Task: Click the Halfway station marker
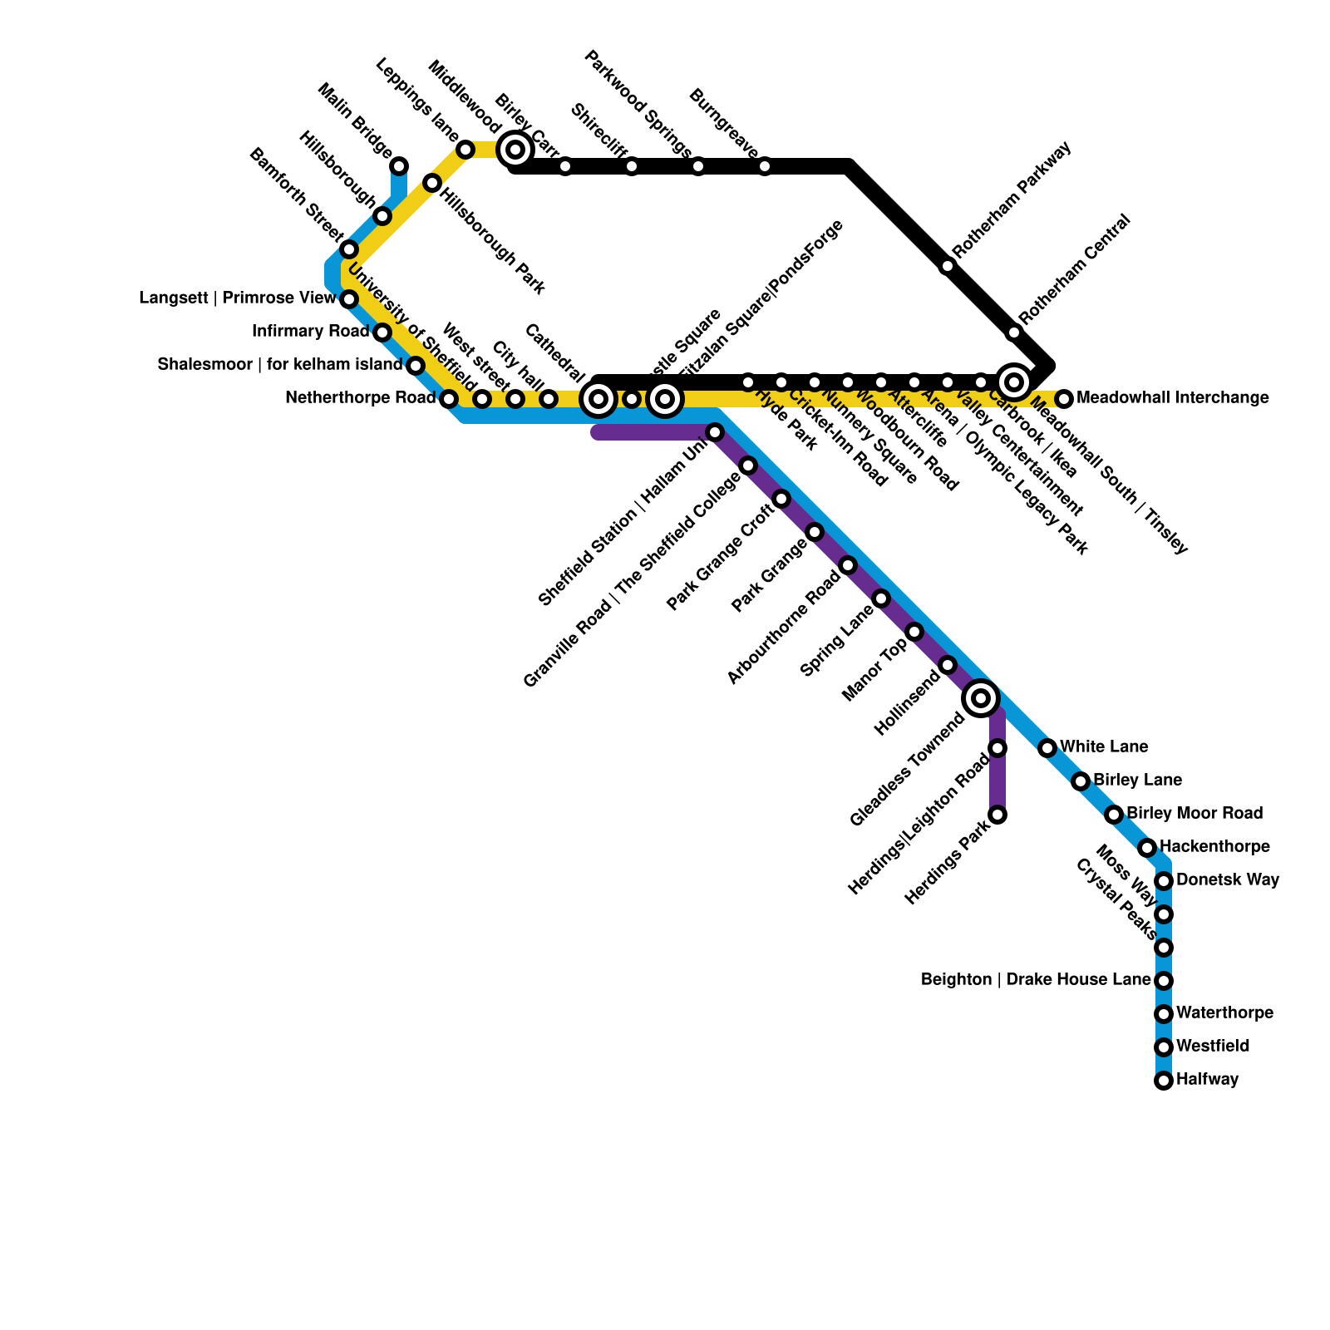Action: pyautogui.click(x=1164, y=1081)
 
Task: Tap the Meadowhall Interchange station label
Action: pyautogui.click(x=1172, y=398)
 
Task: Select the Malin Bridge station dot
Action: pyautogui.click(x=399, y=166)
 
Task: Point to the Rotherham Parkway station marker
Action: pyautogui.click(x=948, y=266)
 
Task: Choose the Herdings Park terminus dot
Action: pyautogui.click(x=997, y=815)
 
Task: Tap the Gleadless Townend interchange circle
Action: pyautogui.click(x=981, y=698)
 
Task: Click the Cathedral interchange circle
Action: pyautogui.click(x=598, y=399)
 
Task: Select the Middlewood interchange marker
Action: pyautogui.click(x=515, y=150)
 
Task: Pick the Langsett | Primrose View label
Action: pyautogui.click(x=238, y=298)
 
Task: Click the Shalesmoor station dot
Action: pyautogui.click(x=416, y=366)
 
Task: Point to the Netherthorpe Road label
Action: pyautogui.click(x=360, y=398)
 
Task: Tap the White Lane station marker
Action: pyautogui.click(x=1047, y=748)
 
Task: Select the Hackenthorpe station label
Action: pyautogui.click(x=1214, y=847)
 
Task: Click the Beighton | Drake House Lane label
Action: pyautogui.click(x=1036, y=980)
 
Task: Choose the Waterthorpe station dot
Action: pyautogui.click(x=1164, y=1014)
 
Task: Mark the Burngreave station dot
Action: pyautogui.click(x=765, y=166)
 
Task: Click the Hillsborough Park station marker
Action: pyautogui.click(x=432, y=183)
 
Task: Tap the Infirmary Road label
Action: pyautogui.click(x=310, y=332)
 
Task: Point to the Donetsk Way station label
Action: pyautogui.click(x=1228, y=879)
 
